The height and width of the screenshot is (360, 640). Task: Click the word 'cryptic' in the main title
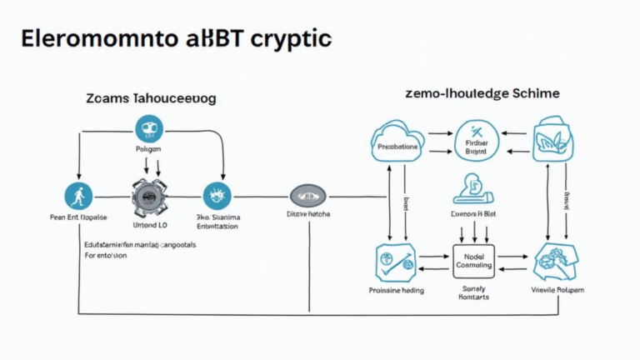[x=282, y=39]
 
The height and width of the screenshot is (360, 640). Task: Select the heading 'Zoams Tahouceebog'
[x=150, y=98]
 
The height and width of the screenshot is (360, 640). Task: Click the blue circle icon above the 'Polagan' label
[x=149, y=129]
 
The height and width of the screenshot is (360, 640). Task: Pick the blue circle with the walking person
[x=77, y=197]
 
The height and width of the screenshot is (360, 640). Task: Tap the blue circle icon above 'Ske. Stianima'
[x=217, y=196]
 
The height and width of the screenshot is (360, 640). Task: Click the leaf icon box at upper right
[x=551, y=139]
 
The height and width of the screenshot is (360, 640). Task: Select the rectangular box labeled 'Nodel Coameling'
[x=473, y=261]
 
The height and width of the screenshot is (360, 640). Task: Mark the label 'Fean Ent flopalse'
[x=77, y=217]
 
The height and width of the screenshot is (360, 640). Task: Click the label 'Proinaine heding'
[x=396, y=291]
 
